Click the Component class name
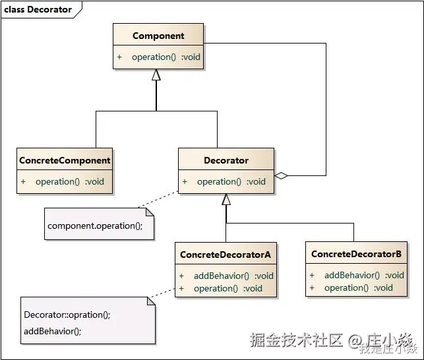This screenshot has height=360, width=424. click(x=158, y=36)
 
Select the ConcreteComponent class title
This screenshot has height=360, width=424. click(x=65, y=160)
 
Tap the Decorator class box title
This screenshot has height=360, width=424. click(x=226, y=160)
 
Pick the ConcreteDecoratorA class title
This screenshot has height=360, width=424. click(x=226, y=254)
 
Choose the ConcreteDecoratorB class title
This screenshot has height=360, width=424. click(x=356, y=254)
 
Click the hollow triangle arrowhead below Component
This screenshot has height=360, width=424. click(x=156, y=75)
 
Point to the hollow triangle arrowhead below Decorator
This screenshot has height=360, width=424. click(x=226, y=200)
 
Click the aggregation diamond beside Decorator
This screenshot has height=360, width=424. click(x=282, y=176)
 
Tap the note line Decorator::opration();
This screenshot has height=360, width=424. click(x=67, y=315)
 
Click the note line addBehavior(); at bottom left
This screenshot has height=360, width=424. click(x=53, y=331)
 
